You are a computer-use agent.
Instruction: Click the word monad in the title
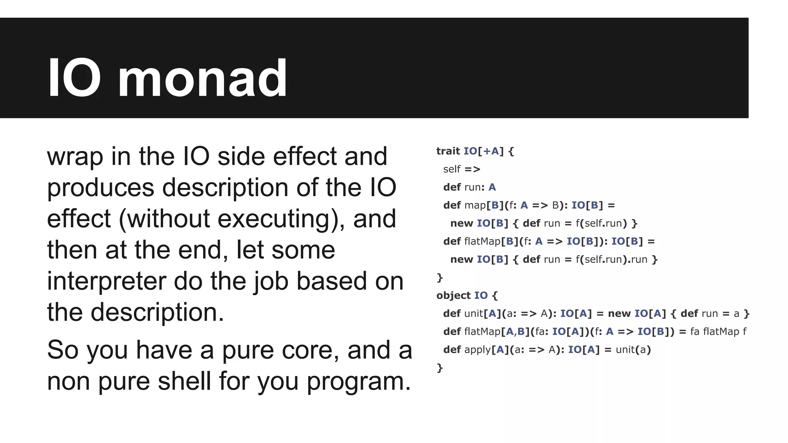(x=203, y=78)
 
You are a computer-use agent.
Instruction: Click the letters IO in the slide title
(x=74, y=78)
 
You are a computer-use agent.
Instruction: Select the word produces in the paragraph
(x=100, y=188)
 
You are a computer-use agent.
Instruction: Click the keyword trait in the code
(x=448, y=151)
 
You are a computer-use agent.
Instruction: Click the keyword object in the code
(x=453, y=295)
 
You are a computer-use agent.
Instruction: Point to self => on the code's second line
(x=462, y=169)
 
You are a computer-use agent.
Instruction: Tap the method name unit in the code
(x=473, y=313)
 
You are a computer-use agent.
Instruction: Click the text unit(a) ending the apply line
(x=633, y=350)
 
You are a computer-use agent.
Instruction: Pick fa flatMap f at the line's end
(x=718, y=331)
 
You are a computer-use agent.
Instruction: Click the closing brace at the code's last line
(x=440, y=368)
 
